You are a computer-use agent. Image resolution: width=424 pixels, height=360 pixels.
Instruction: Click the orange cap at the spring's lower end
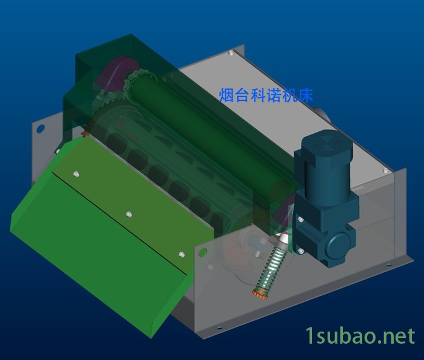pos(260,295)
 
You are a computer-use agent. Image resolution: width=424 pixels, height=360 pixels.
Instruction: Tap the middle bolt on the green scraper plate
pos(128,214)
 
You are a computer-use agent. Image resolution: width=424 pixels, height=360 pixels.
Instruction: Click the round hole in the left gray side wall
pos(41,128)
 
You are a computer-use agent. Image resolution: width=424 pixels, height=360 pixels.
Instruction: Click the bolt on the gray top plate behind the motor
pos(383,171)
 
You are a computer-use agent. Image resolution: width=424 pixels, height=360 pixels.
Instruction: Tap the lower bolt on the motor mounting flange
pos(299,250)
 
